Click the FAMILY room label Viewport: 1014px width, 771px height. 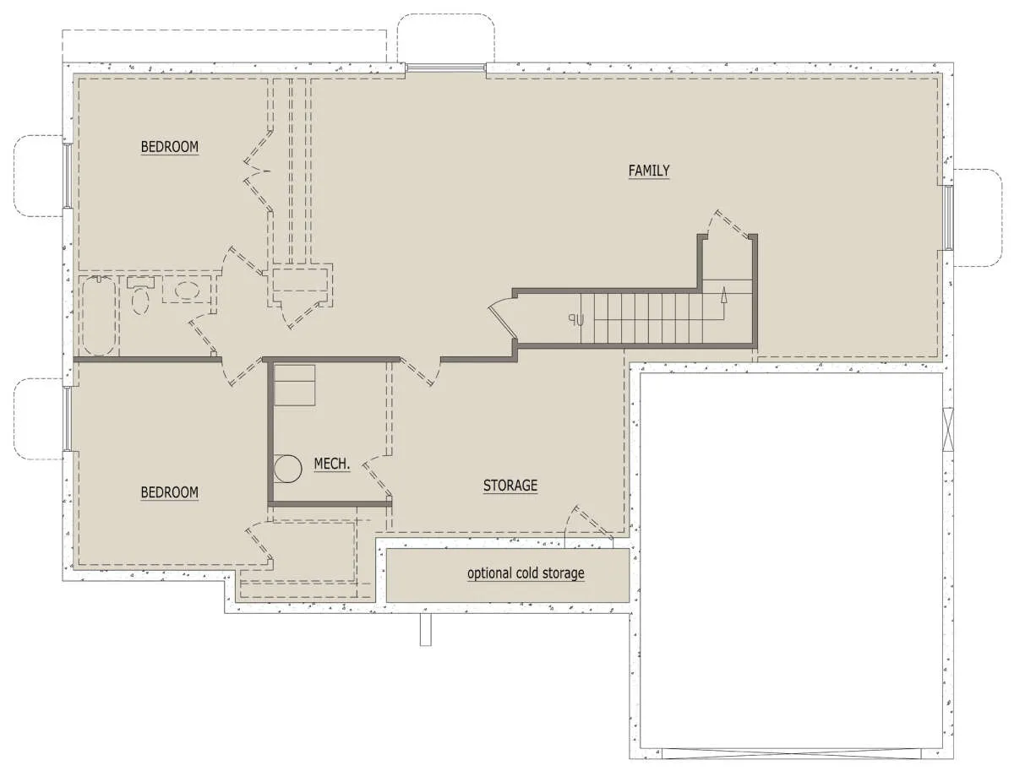tap(649, 171)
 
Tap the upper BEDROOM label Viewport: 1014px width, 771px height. tap(170, 147)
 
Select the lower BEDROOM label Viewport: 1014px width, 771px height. tap(170, 492)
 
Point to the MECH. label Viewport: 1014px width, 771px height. tap(332, 464)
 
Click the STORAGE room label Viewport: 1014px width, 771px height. tap(510, 486)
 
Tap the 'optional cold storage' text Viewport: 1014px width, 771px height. tap(526, 573)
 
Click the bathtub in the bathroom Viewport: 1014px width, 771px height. tap(100, 315)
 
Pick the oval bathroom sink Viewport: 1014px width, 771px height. tap(186, 290)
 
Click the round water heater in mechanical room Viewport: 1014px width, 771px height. tap(287, 469)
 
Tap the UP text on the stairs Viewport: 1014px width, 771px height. tap(576, 320)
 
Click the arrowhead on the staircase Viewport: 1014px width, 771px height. tap(723, 295)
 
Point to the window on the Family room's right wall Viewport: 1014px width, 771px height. tap(949, 218)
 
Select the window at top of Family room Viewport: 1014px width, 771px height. tap(446, 68)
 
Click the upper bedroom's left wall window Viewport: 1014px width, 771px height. tap(68, 176)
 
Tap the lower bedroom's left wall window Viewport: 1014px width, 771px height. tap(68, 419)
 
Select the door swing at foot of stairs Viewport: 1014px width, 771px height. tap(503, 318)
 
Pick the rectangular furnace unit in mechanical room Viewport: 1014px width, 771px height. tap(295, 385)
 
